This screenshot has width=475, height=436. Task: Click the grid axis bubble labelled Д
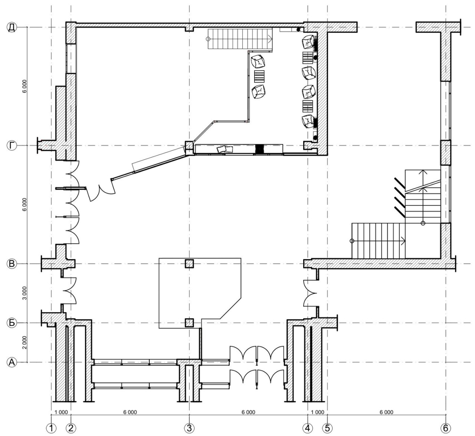[x=12, y=27]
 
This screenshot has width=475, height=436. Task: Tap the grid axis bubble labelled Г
[x=12, y=146]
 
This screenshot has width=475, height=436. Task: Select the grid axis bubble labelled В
[x=12, y=264]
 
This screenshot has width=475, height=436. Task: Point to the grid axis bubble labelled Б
[x=12, y=323]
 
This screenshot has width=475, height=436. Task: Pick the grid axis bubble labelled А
[x=12, y=362]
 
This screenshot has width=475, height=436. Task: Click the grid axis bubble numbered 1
[x=51, y=428]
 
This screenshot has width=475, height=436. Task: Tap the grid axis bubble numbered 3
[x=189, y=428]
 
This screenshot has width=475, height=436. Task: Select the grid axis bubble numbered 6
[x=446, y=428]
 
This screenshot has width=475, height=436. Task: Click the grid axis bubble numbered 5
[x=327, y=428]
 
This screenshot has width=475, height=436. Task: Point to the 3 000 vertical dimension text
[x=24, y=293]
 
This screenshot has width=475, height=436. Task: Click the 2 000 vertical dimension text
[x=24, y=342]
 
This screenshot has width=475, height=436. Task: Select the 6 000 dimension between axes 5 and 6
[x=386, y=412]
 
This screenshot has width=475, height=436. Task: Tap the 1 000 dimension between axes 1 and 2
[x=61, y=412]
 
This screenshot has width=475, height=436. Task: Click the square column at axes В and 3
[x=189, y=264]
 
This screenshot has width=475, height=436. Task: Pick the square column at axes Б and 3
[x=189, y=323]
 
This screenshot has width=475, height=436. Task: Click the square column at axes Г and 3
[x=189, y=146]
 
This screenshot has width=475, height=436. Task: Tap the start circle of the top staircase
[x=208, y=39]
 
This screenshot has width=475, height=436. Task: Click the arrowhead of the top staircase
[x=270, y=39]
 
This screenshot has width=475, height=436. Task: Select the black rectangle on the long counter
[x=259, y=149]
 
